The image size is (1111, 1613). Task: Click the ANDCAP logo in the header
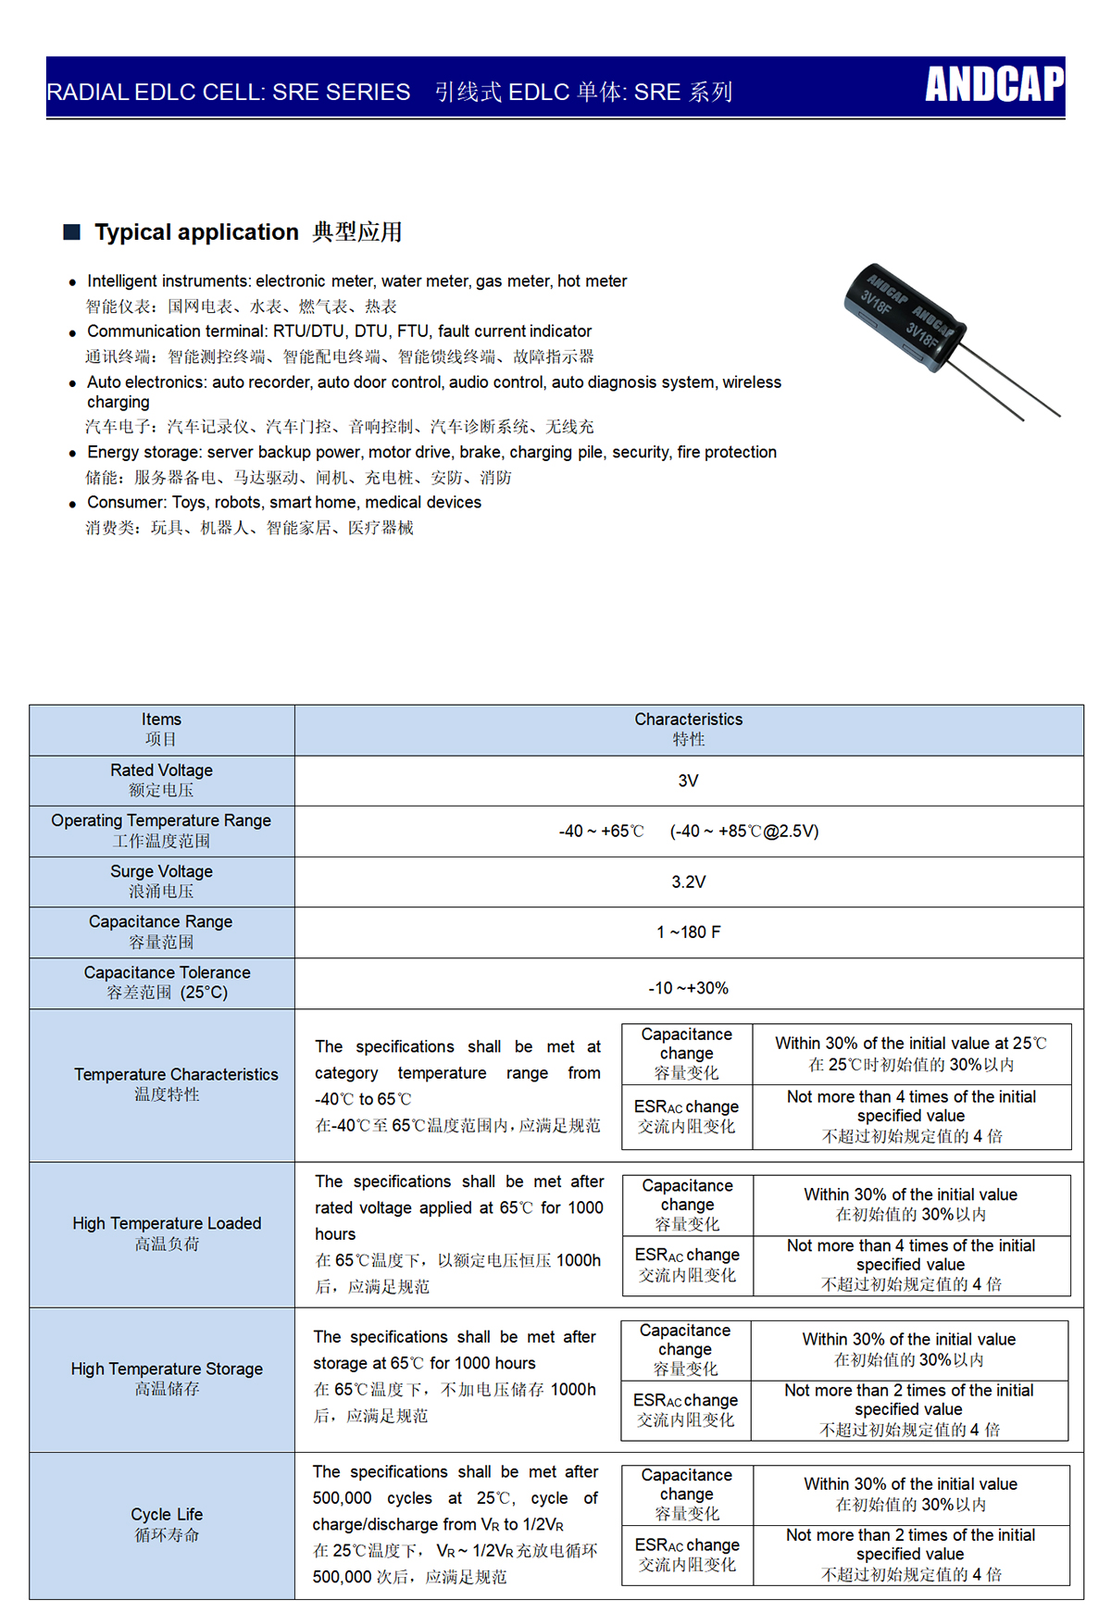[x=994, y=84]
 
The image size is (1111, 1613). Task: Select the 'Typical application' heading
[x=196, y=231]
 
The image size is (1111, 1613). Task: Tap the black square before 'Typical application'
[x=72, y=231]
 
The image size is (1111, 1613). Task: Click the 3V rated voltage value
[x=688, y=781]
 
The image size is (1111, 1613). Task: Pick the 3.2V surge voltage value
[x=688, y=882]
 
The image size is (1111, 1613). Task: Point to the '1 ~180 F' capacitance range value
[x=688, y=932]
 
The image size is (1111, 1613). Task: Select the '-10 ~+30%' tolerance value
[x=688, y=988]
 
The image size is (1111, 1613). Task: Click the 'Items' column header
[x=161, y=719]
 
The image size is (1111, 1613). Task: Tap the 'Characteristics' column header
[x=688, y=719]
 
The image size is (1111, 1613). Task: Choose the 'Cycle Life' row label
[x=167, y=1514]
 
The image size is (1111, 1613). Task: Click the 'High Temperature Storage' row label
[x=167, y=1369]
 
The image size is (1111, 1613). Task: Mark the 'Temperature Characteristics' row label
[x=176, y=1074]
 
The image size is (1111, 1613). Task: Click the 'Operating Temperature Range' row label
[x=161, y=820]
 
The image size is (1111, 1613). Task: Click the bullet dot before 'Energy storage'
[x=73, y=454]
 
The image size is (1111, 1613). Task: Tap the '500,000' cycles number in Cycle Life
[x=342, y=1498]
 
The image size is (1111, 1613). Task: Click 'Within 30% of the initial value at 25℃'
[x=911, y=1044]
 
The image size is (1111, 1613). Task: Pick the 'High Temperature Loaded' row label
[x=167, y=1223]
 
